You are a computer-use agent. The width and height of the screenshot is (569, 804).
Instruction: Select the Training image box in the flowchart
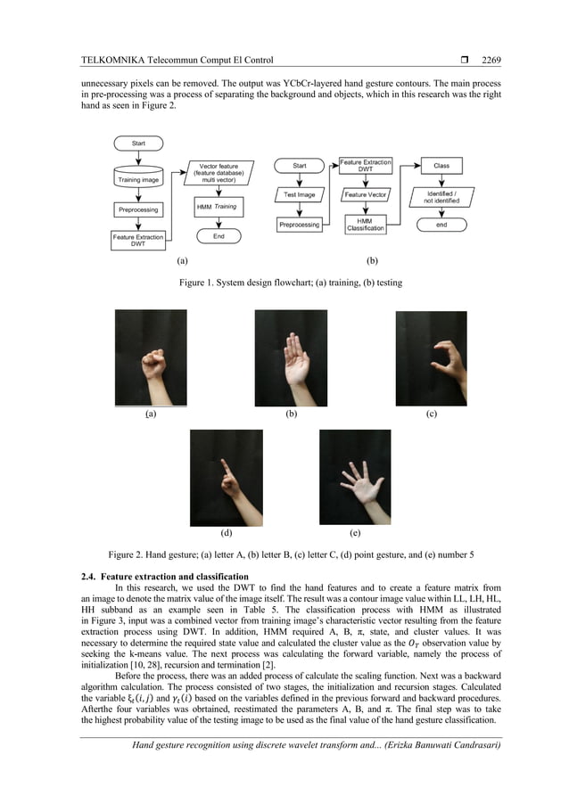pyautogui.click(x=138, y=179)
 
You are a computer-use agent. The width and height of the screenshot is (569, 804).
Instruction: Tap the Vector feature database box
pyautogui.click(x=219, y=172)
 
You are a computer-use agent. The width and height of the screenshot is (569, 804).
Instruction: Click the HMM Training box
pyautogui.click(x=218, y=207)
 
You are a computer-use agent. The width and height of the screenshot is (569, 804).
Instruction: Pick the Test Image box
pyautogui.click(x=300, y=194)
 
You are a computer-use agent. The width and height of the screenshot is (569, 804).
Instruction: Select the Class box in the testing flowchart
pyautogui.click(x=441, y=165)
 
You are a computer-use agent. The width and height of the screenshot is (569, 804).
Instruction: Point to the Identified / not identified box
pyautogui.click(x=441, y=197)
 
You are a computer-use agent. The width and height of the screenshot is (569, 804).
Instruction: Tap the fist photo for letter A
pyautogui.click(x=151, y=357)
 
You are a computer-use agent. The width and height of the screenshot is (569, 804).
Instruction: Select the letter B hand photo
pyautogui.click(x=291, y=357)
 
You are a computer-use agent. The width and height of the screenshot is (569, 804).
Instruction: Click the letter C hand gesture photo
pyautogui.click(x=431, y=357)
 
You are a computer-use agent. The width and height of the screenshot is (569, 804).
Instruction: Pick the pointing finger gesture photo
pyautogui.click(x=227, y=476)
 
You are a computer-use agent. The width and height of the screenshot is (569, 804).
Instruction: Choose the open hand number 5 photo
pyautogui.click(x=355, y=476)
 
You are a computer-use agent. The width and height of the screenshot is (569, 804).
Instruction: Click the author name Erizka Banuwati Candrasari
pyautogui.click(x=427, y=745)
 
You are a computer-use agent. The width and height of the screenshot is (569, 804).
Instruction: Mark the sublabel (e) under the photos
pyautogui.click(x=355, y=533)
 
